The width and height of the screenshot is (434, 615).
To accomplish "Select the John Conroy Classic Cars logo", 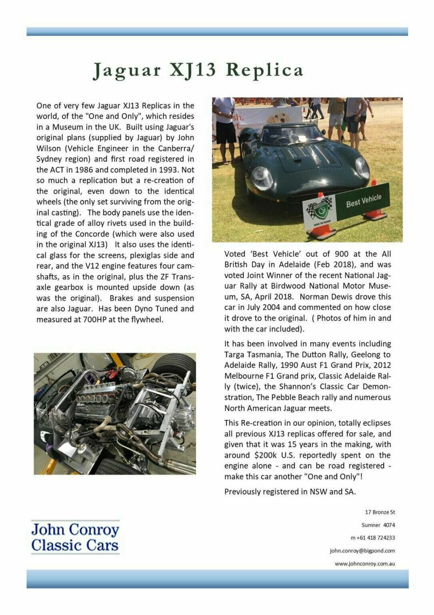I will tap(75, 537).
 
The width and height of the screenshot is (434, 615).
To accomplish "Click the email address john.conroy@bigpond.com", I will tap(362, 551).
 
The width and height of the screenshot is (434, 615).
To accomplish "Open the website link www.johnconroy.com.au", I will tap(365, 563).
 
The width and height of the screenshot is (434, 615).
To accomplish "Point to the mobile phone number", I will tap(372, 538).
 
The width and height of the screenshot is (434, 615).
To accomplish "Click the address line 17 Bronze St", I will tap(380, 512).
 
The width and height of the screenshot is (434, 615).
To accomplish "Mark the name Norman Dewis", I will tap(324, 297).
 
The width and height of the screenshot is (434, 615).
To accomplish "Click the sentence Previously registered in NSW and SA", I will tap(290, 492).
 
